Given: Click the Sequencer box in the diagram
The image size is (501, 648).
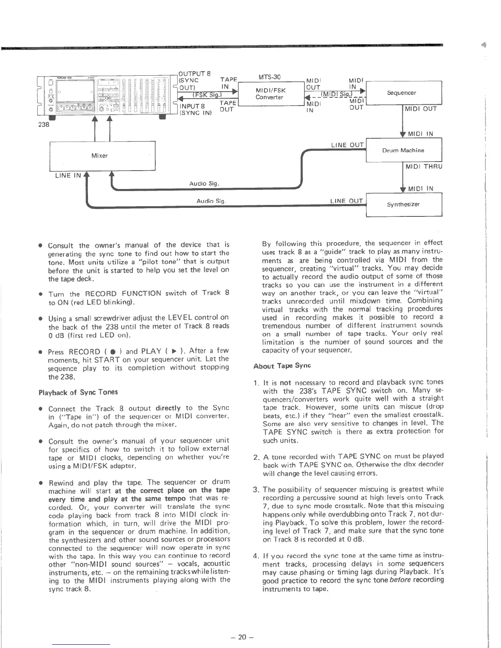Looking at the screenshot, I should tap(404, 93).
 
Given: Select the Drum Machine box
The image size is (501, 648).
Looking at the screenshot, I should tap(404, 150).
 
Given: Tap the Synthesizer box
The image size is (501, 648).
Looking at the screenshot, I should tap(404, 204).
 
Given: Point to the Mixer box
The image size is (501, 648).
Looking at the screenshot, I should tap(99, 155).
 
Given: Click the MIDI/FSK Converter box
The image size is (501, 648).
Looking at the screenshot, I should tap(270, 94).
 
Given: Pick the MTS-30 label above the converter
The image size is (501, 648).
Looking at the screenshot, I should tap(269, 77).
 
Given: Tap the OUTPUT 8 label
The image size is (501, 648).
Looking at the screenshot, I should tap(195, 74).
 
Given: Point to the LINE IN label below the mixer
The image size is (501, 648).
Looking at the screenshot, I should tap(68, 175).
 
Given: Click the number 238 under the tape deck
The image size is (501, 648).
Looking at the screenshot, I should tap(44, 124).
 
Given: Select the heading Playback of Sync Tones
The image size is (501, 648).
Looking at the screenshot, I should tap(78, 392).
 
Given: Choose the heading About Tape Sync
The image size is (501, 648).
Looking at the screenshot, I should tap(282, 366).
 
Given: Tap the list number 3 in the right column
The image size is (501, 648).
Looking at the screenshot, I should tap(256, 490).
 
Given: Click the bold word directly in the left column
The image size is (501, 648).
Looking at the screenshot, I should tap(168, 408).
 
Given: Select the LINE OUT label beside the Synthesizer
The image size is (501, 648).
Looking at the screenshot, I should tap(346, 201).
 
